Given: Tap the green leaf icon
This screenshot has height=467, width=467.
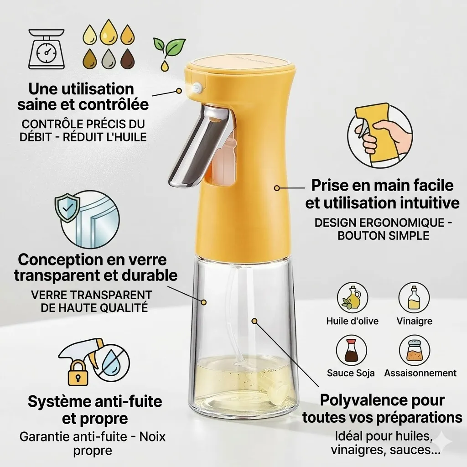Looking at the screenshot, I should [x=169, y=46].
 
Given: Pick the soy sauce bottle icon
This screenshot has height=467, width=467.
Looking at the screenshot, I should [x=351, y=350].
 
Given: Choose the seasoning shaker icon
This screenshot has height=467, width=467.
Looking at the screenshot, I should [x=414, y=350].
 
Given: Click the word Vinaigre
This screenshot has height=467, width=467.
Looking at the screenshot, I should [x=414, y=321].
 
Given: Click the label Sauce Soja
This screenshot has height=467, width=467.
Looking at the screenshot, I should [x=350, y=373].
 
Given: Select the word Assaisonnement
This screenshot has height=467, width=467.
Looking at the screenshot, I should [x=420, y=373].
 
